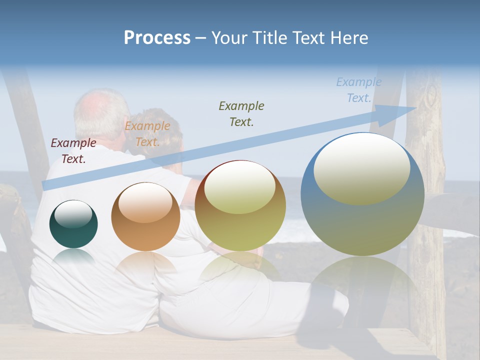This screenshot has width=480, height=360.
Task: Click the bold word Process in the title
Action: pos(157,38)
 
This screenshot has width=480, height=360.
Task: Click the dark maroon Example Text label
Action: pos(73,151)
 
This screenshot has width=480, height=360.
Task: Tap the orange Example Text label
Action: pos(147,134)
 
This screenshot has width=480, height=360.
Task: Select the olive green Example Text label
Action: pos(241,113)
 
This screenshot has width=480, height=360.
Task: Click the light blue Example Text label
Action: pos(359,90)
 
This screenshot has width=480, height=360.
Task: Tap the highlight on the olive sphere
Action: pos(239,187)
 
